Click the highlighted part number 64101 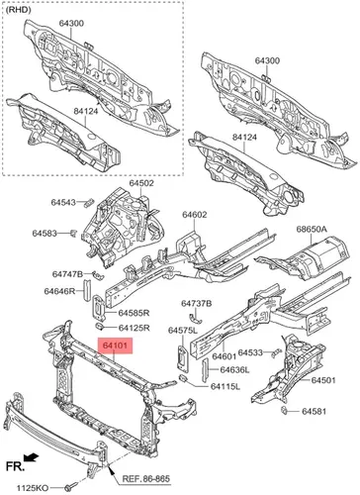tap(115, 346)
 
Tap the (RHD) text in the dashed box tap(19, 10)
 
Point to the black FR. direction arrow tap(32, 457)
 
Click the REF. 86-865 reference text tap(146, 478)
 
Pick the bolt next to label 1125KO tap(70, 487)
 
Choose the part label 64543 tap(63, 202)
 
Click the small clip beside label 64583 tap(73, 233)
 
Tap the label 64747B tap(68, 274)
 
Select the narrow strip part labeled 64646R tap(87, 290)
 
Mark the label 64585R tap(135, 312)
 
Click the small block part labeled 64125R tap(99, 327)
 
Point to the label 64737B tap(197, 303)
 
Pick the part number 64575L tap(183, 331)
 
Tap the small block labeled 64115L tap(184, 377)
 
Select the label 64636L tap(235, 369)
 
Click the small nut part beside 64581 tap(284, 411)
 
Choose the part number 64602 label tap(195, 215)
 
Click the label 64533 tap(250, 352)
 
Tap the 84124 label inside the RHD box tap(86, 111)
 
